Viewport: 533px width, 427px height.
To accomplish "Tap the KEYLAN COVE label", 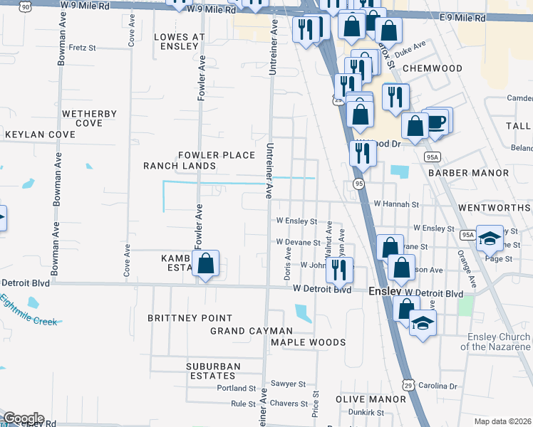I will [x=40, y=135].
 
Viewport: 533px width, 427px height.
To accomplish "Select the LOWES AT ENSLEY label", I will [x=175, y=41].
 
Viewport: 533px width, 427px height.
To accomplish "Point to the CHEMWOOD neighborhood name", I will [x=432, y=68].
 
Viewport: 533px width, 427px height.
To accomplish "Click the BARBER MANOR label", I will [x=468, y=173].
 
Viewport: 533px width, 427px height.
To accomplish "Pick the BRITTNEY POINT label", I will [x=190, y=318].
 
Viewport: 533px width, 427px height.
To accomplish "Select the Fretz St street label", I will [x=83, y=48].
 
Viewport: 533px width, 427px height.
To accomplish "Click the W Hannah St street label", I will [x=396, y=204].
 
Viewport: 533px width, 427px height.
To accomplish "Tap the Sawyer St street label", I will [x=292, y=384].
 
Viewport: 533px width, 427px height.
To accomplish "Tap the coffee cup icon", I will [x=436, y=121].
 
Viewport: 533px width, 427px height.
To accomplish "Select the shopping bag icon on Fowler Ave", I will [x=205, y=263].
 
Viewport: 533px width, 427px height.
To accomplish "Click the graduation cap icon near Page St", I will [x=490, y=238].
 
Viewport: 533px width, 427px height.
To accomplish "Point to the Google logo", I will [x=24, y=418].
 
